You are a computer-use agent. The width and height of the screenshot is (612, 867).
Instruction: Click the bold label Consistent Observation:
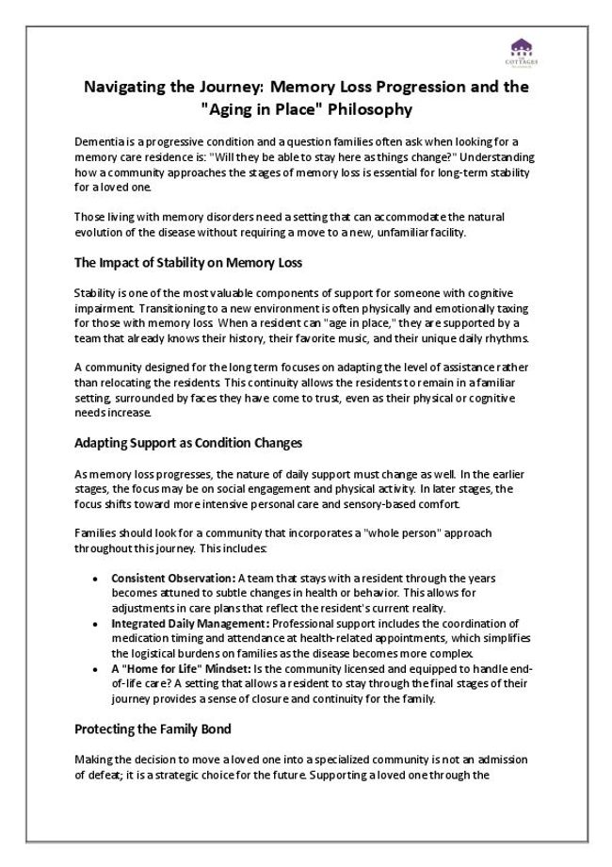point(173,578)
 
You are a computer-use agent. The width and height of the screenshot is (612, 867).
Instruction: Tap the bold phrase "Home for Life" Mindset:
point(173,669)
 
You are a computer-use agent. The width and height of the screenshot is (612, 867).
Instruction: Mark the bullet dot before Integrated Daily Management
point(96,624)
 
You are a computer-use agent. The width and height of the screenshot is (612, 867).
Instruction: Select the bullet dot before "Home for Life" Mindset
point(96,669)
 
